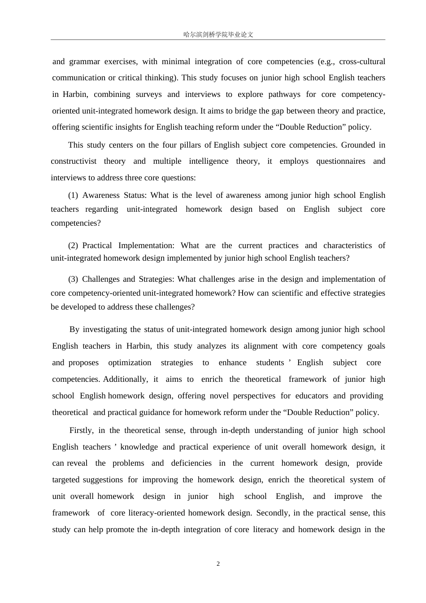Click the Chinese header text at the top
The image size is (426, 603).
point(218,35)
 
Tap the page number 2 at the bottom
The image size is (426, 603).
point(218,564)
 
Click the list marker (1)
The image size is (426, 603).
point(73,195)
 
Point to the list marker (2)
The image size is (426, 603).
point(73,245)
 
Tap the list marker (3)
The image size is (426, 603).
point(73,279)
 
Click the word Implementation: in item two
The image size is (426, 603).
point(146,245)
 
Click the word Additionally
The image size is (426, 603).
point(125,379)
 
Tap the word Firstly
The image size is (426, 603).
point(81,430)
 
